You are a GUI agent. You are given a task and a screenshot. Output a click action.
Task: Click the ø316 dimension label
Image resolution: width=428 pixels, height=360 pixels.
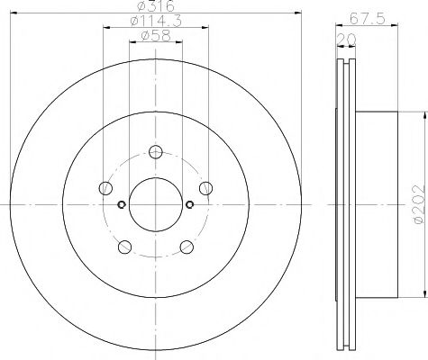click(x=155, y=8)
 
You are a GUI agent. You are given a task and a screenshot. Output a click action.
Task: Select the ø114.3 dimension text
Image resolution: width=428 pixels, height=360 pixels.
click(x=155, y=22)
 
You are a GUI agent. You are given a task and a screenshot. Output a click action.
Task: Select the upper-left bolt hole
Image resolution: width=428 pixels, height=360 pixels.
click(x=107, y=187)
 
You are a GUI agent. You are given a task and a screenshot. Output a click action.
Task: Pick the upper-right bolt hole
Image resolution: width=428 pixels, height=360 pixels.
click(x=205, y=187)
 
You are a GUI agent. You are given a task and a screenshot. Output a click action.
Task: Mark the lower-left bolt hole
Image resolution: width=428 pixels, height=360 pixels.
click(x=125, y=246)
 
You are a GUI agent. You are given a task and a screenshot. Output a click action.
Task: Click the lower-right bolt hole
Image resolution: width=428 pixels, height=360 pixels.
click(x=186, y=246)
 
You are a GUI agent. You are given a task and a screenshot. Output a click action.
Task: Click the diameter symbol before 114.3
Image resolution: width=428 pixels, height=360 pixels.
click(x=133, y=22)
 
